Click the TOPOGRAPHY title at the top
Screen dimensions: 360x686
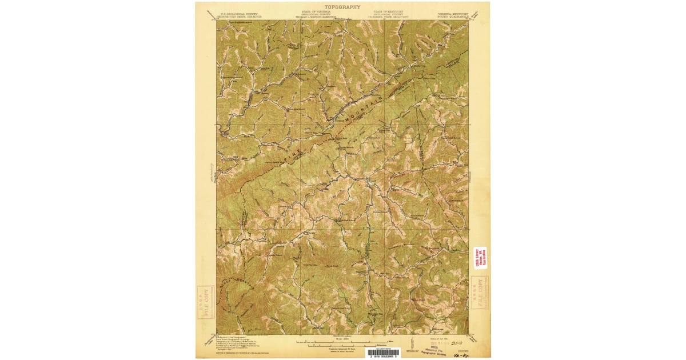[x=342, y=7]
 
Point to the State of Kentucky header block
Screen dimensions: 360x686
[x=389, y=14]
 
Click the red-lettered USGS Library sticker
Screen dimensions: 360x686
[x=480, y=257]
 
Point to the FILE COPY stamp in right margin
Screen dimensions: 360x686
[x=480, y=293]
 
